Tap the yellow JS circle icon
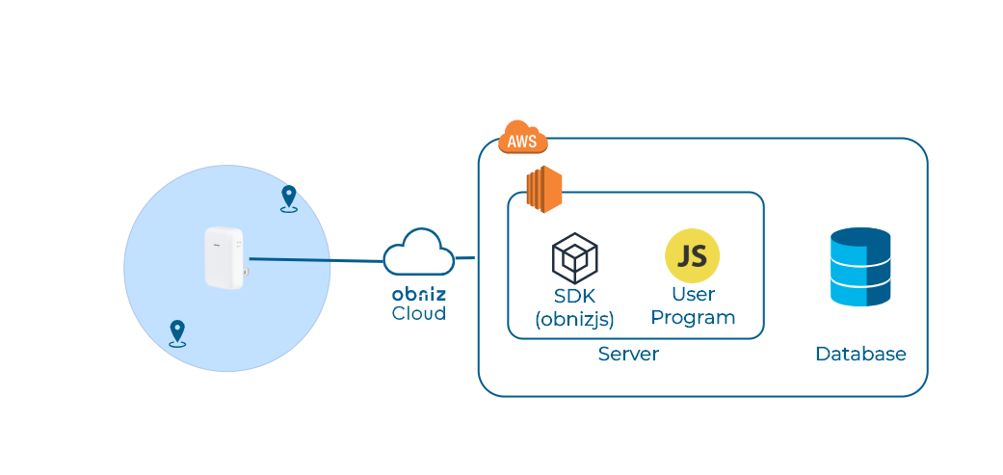pyautogui.click(x=692, y=255)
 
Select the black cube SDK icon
pyautogui.click(x=575, y=257)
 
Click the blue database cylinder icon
pyautogui.click(x=860, y=267)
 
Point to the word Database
pyautogui.click(x=860, y=355)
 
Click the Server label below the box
pyautogui.click(x=628, y=354)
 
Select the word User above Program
pyautogui.click(x=692, y=294)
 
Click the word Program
pyautogui.click(x=693, y=317)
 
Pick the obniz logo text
pyautogui.click(x=418, y=293)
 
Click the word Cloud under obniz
pyautogui.click(x=418, y=313)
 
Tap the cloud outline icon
pyautogui.click(x=418, y=253)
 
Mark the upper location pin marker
pyautogui.click(x=288, y=198)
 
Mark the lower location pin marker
pyautogui.click(x=177, y=332)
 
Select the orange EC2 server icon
pyautogui.click(x=543, y=189)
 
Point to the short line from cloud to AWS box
pyautogui.click(x=465, y=258)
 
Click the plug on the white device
pyautogui.click(x=246, y=274)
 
